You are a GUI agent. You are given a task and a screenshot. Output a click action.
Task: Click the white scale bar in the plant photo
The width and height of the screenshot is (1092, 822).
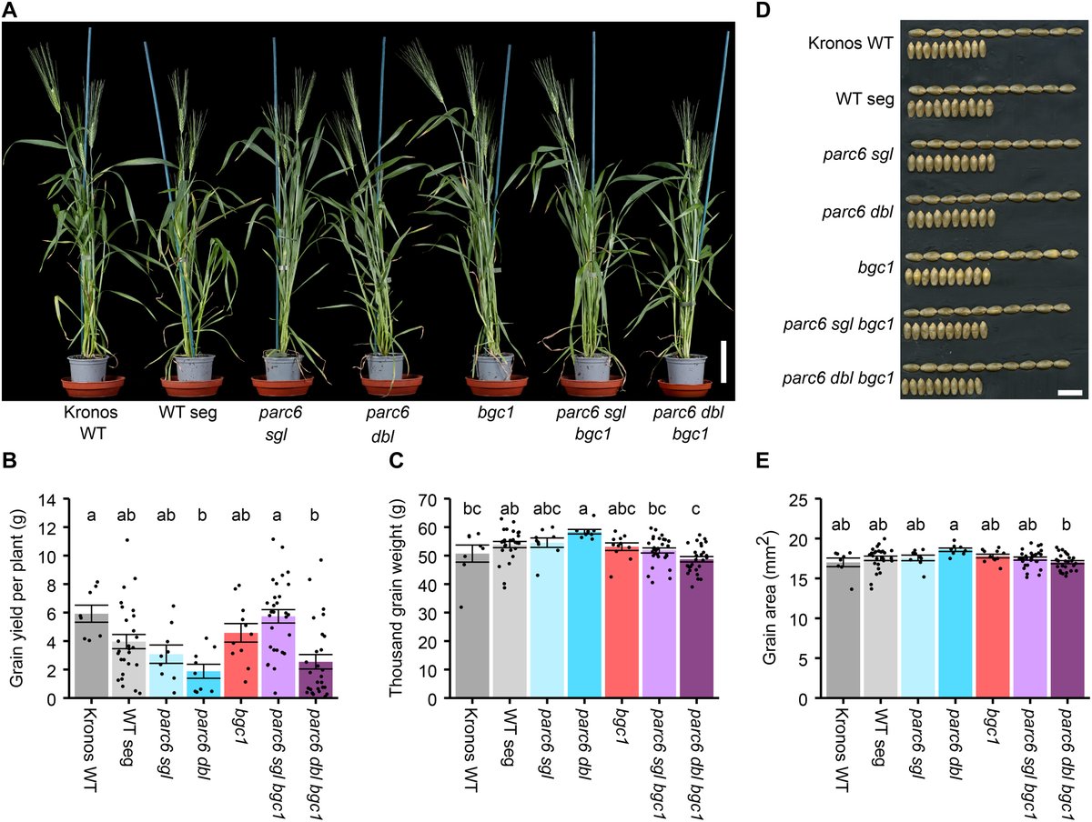pyautogui.click(x=723, y=361)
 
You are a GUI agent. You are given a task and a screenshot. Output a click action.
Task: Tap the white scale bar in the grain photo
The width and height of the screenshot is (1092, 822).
pyautogui.click(x=1069, y=393)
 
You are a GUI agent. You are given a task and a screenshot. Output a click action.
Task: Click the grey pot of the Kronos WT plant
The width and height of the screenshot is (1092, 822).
pyautogui.click(x=87, y=367)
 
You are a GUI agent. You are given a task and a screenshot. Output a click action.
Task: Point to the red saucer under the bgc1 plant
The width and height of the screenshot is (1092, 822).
pyautogui.click(x=497, y=386)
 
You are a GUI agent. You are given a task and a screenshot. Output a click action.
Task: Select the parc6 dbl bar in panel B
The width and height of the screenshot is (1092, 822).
pyautogui.click(x=204, y=684)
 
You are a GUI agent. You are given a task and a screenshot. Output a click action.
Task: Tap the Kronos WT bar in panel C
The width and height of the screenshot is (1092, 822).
pyautogui.click(x=472, y=626)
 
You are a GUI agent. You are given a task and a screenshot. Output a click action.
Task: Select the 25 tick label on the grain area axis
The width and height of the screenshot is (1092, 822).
pyautogui.click(x=799, y=499)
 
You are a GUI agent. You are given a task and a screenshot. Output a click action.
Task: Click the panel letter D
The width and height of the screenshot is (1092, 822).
pyautogui.click(x=763, y=10)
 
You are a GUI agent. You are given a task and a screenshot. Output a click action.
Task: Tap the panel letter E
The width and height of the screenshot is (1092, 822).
pyautogui.click(x=763, y=461)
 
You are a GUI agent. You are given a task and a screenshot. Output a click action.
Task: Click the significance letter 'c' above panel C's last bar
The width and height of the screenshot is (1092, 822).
pyautogui.click(x=695, y=509)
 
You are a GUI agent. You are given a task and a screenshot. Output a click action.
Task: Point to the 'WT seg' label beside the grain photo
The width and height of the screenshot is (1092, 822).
pyautogui.click(x=864, y=99)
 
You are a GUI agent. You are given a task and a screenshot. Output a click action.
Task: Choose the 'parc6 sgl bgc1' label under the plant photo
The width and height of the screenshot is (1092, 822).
pyautogui.click(x=591, y=423)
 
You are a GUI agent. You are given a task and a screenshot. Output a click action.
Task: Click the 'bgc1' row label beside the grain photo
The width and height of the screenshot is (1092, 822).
pyautogui.click(x=876, y=268)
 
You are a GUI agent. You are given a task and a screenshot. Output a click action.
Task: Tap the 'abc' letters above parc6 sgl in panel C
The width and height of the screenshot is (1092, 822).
pyautogui.click(x=547, y=508)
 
